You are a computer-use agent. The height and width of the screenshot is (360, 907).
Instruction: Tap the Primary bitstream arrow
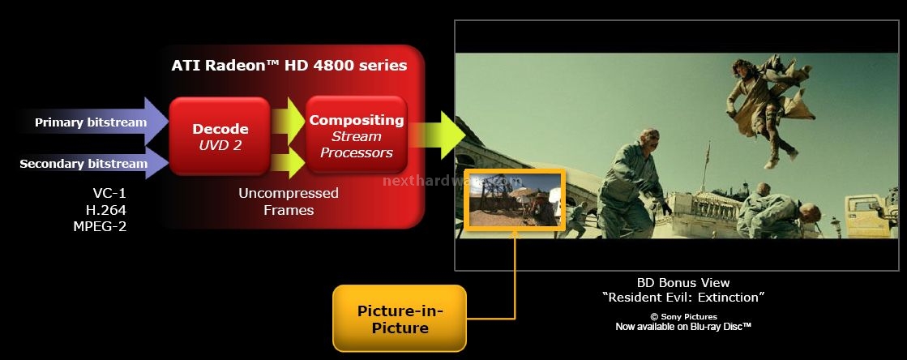coord(92,122)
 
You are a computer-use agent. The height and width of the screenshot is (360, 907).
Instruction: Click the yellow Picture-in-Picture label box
coord(400,319)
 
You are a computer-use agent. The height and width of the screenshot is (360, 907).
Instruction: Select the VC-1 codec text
coord(109,193)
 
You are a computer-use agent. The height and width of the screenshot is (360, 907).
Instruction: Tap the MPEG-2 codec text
coord(100,226)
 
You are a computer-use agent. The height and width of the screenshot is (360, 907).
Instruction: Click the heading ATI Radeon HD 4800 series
coord(289,66)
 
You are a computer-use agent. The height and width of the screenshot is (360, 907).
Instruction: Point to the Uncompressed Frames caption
coord(289,201)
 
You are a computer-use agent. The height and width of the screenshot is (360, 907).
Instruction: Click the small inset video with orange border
coord(514,199)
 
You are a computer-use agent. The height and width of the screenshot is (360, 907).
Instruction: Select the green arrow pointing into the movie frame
coord(439,135)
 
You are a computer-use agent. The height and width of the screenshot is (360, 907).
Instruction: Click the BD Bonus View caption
coord(683,283)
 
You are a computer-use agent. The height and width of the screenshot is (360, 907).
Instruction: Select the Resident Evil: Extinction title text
coord(683,298)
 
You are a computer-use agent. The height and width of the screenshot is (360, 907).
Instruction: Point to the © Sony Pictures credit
coord(683,316)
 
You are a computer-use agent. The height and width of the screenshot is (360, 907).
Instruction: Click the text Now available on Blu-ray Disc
coord(683,327)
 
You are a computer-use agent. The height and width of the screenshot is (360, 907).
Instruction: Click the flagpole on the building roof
coord(706,165)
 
